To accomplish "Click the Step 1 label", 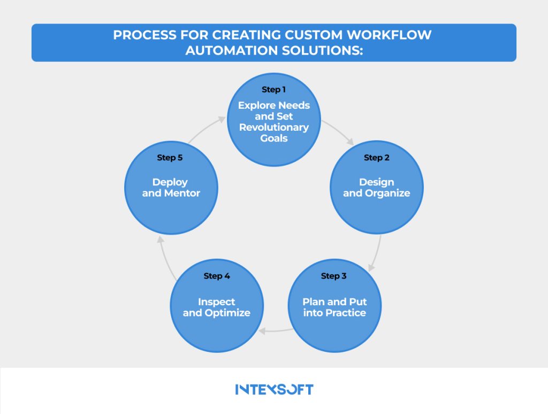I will pyautogui.click(x=273, y=89).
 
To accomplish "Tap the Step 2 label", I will pyautogui.click(x=376, y=157).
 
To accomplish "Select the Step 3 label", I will pyautogui.click(x=333, y=276).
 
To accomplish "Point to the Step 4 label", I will pyautogui.click(x=217, y=276).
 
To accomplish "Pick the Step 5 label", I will pyautogui.click(x=170, y=157).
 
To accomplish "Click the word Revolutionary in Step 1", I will pyautogui.click(x=274, y=127).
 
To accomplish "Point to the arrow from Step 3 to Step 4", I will pyautogui.click(x=275, y=331).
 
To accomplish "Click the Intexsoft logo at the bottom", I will pyautogui.click(x=274, y=389).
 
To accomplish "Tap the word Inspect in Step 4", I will pyautogui.click(x=217, y=302).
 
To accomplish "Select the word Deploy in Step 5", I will pyautogui.click(x=170, y=182).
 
